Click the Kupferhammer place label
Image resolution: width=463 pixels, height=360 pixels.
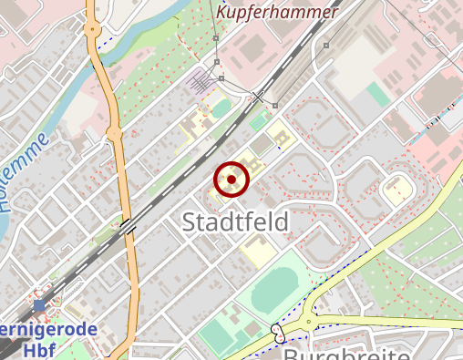point(277,12)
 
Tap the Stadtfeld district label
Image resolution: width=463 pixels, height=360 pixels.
point(235,221)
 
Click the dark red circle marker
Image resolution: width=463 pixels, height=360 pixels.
point(231,180)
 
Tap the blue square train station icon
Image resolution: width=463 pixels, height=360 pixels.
point(39,306)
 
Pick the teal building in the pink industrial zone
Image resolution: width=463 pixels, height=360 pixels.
point(377,94)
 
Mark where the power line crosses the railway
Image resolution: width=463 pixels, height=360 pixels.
point(258,96)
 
